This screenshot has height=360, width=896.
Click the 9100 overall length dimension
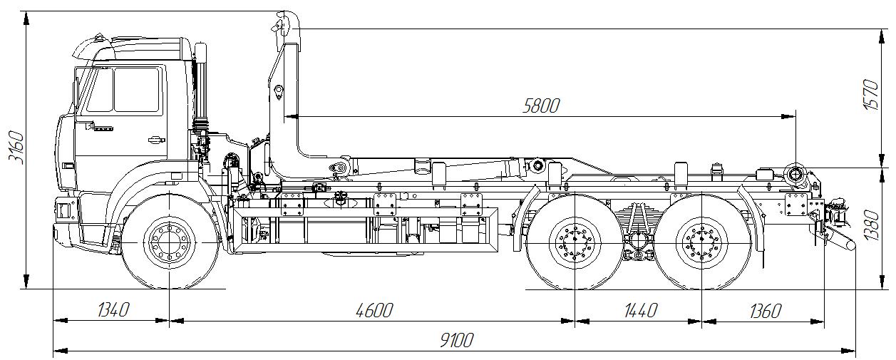456,341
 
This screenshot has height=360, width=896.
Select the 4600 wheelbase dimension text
374,310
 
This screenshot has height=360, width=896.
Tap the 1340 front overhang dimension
113,310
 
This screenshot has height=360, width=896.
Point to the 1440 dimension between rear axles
641,310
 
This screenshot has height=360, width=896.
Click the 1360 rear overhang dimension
766,311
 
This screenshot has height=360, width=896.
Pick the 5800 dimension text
541,106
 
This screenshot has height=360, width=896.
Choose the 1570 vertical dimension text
871,95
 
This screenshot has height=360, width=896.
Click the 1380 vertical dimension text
872,225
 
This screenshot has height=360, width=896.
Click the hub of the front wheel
170,242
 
